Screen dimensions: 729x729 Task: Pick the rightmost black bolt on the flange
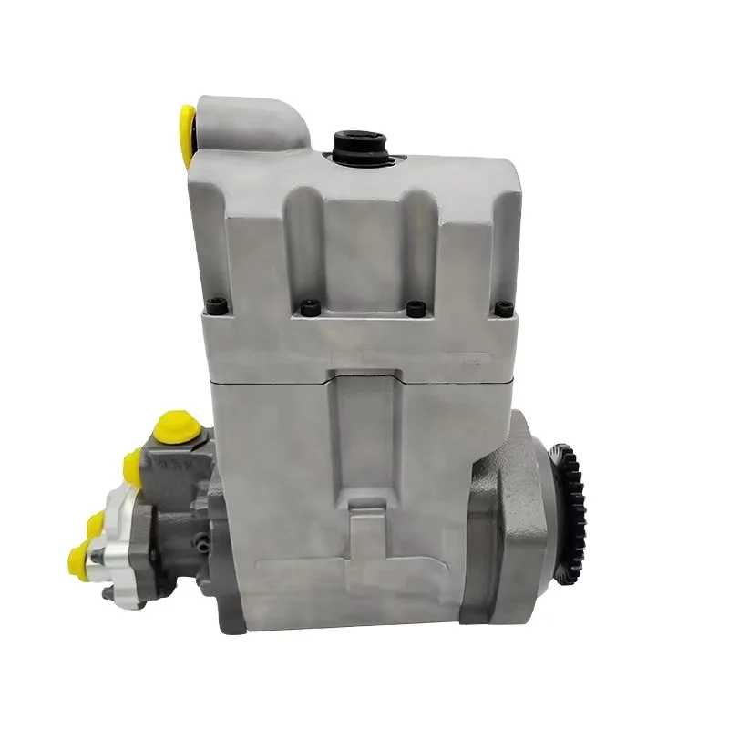pos(503,308)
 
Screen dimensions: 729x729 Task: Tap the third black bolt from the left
pos(416,308)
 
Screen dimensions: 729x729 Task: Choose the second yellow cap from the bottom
pos(95,522)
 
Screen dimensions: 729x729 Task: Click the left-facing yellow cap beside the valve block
pos(134,467)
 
